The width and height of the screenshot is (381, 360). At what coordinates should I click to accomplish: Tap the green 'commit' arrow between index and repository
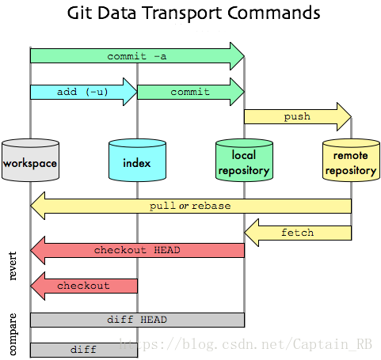tap(190, 93)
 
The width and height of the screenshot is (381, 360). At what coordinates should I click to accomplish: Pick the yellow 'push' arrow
tap(297, 117)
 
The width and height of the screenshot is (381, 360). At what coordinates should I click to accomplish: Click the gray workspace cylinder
tap(30, 162)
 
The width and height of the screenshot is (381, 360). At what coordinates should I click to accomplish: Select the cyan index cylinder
tap(137, 162)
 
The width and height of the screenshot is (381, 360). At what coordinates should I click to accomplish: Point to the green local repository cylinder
tap(244, 162)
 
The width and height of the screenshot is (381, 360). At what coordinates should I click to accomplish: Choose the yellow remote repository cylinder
tap(351, 162)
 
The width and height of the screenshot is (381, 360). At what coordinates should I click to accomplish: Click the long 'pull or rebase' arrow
tap(190, 206)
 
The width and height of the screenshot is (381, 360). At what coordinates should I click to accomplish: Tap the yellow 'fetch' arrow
tap(297, 233)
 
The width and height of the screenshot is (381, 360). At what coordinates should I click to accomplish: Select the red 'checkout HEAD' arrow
tap(137, 250)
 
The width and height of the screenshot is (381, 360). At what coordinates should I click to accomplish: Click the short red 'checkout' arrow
tap(83, 286)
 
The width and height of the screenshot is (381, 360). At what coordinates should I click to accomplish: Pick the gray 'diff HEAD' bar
tap(137, 320)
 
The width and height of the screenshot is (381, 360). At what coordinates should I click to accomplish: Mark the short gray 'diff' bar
tap(83, 349)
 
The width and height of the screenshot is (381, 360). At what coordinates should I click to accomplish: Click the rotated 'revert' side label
tap(13, 268)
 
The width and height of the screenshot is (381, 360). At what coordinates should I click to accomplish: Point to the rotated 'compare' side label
tap(13, 333)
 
